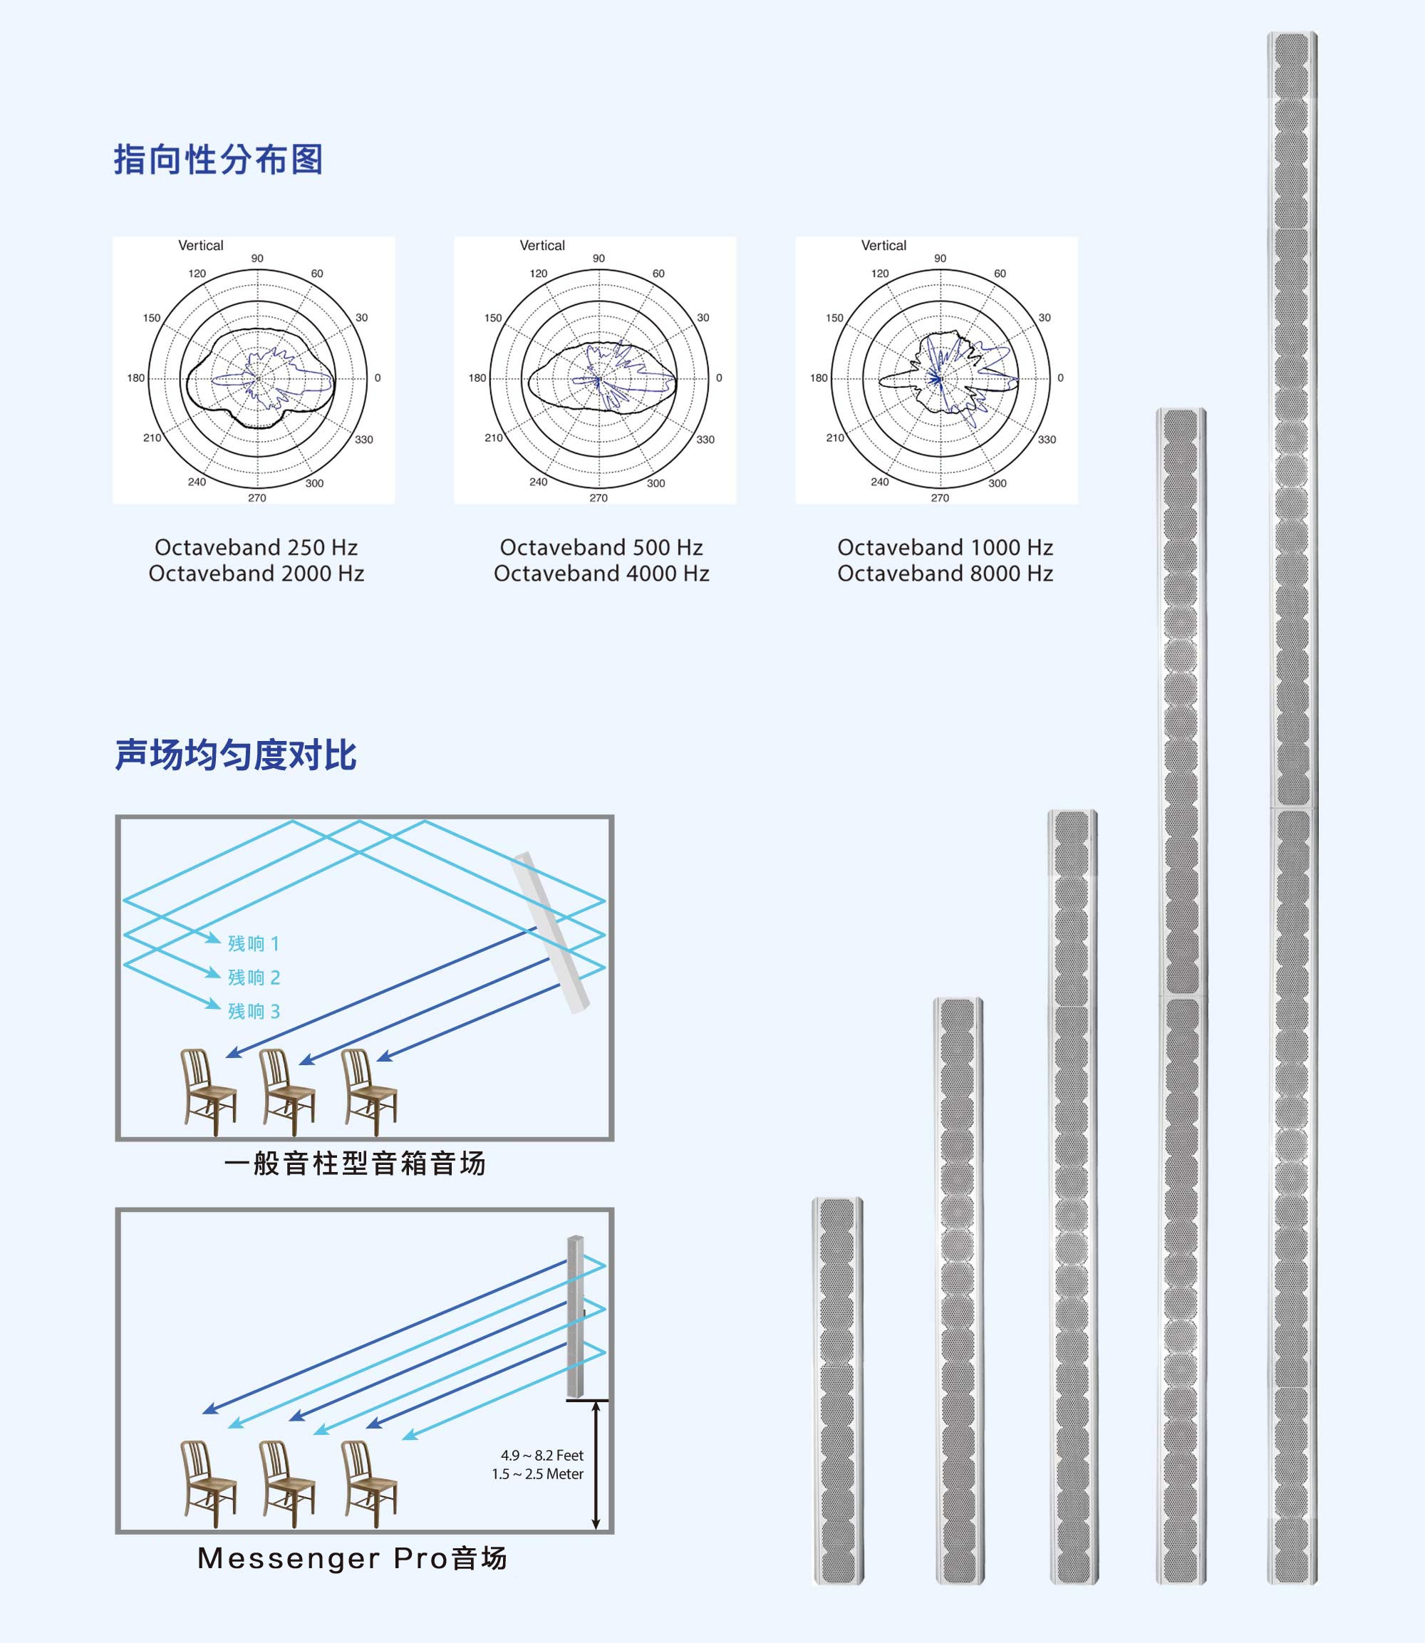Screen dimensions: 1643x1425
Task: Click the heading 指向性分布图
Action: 218,160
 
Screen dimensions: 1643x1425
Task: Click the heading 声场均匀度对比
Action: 235,755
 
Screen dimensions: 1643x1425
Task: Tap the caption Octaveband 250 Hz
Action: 256,547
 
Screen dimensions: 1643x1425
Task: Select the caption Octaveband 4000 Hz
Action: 601,574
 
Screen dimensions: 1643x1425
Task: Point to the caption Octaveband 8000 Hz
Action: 945,574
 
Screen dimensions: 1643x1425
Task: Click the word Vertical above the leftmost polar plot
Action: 200,246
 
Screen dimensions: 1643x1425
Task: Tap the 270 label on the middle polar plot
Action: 598,498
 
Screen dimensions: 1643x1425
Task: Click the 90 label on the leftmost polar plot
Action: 256,259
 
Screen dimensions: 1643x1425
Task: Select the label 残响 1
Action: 254,944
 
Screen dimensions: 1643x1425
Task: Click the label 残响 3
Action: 254,1012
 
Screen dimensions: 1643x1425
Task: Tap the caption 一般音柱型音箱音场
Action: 355,1163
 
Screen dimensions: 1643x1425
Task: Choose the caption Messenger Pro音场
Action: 351,1558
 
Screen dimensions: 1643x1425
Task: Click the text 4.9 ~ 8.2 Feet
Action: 541,1456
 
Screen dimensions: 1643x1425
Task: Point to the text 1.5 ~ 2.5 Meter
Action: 537,1473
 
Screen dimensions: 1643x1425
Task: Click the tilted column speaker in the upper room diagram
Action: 550,932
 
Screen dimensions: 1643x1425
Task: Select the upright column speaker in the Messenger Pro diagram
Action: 575,1317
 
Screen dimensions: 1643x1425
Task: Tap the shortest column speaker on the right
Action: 837,1390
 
